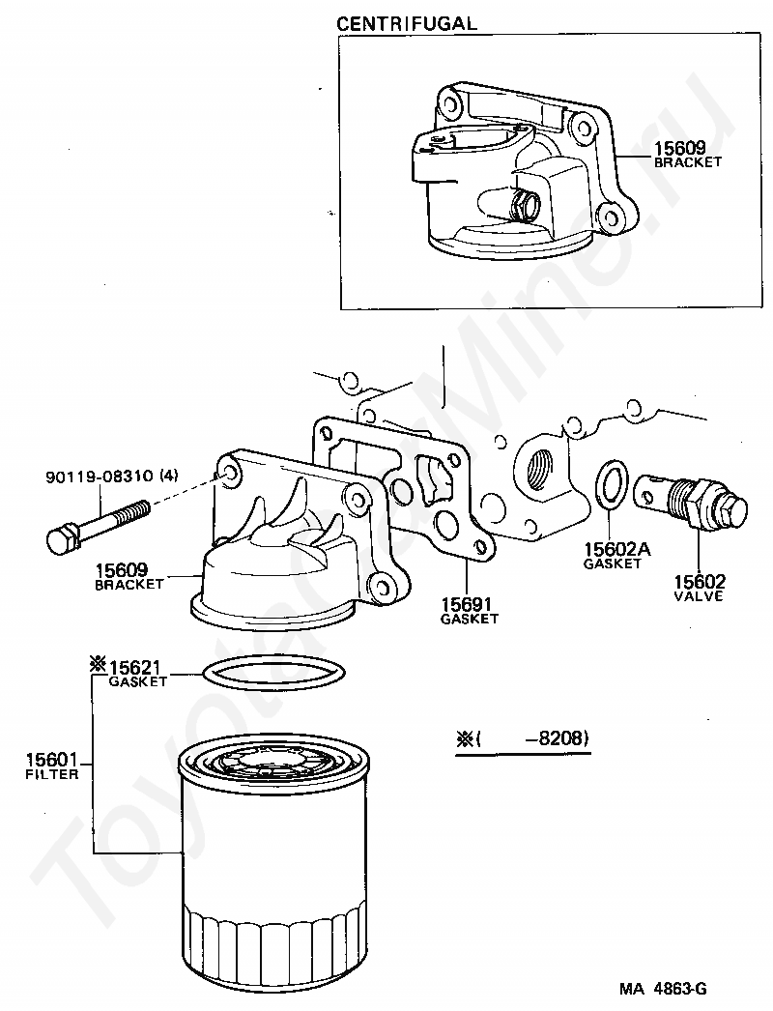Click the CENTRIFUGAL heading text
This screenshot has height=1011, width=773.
[x=407, y=24]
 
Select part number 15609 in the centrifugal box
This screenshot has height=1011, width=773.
[x=680, y=148]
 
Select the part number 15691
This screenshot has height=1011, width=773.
[x=466, y=604]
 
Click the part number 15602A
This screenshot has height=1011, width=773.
[x=617, y=549]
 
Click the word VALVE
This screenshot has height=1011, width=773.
[x=699, y=596]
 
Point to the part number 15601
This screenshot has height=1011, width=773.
[x=51, y=760]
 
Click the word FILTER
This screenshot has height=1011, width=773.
[x=51, y=774]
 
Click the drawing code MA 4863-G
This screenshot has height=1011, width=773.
[x=663, y=989]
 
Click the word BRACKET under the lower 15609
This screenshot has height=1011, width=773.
[x=129, y=584]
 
